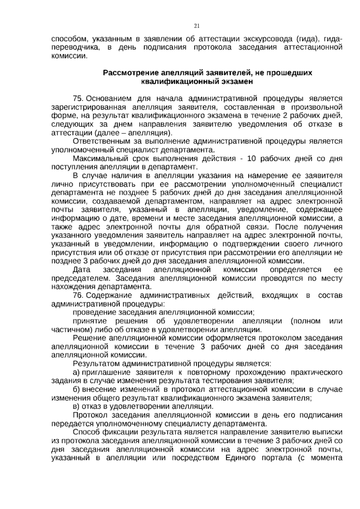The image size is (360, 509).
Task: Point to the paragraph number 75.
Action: coord(79,99)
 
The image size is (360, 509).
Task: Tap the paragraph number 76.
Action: coord(79,296)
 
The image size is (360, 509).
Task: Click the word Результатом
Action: coord(97,364)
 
